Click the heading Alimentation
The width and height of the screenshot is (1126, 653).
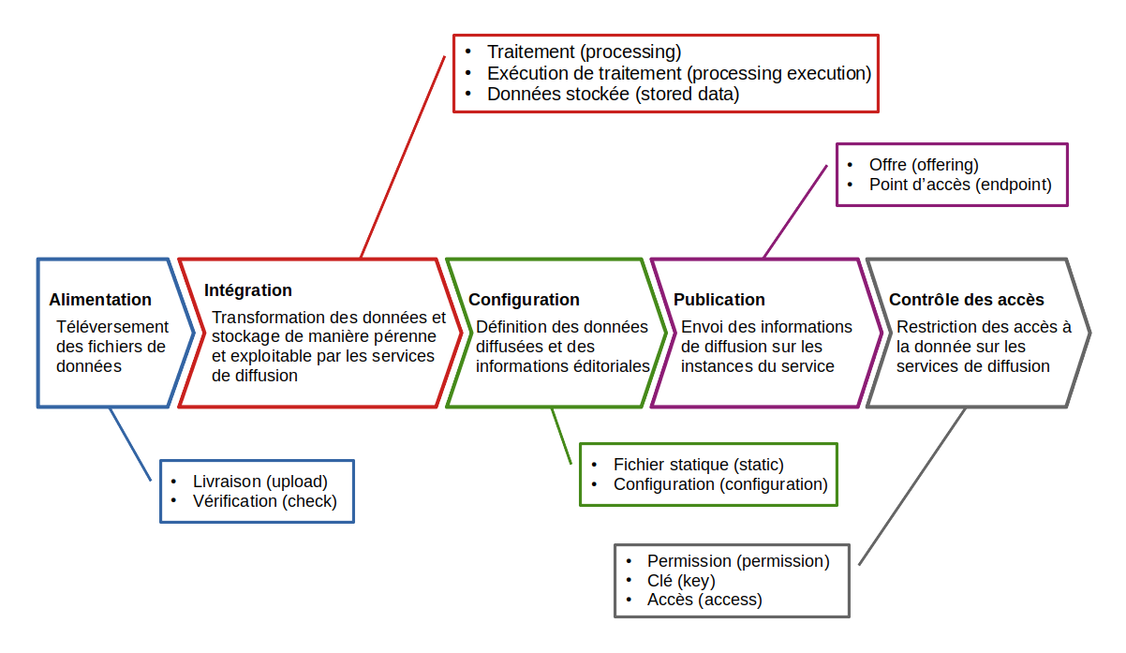point(100,300)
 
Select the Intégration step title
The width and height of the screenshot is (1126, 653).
point(248,290)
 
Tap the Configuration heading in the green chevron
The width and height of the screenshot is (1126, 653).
point(524,300)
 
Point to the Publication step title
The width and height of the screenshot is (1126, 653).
point(719,300)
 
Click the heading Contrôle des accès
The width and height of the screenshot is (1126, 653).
point(966,300)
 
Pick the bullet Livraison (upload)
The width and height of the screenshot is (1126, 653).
point(259,482)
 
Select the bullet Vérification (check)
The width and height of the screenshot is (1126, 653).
point(264,501)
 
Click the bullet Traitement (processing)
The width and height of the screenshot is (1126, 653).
point(584,52)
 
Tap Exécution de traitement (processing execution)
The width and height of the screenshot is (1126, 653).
point(679,73)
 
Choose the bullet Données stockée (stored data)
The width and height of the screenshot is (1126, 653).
point(613,94)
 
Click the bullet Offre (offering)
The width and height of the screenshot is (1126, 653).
point(923,165)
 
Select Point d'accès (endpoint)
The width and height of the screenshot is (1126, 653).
point(960,185)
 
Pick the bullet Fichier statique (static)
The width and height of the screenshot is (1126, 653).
point(698,464)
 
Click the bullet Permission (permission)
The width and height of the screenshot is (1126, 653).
point(738,561)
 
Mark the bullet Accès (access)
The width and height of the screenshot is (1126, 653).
point(704,600)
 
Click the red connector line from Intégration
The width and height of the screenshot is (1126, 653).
point(403,155)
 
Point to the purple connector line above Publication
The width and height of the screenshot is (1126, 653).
point(796,211)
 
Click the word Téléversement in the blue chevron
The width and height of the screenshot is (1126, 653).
point(112,327)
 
